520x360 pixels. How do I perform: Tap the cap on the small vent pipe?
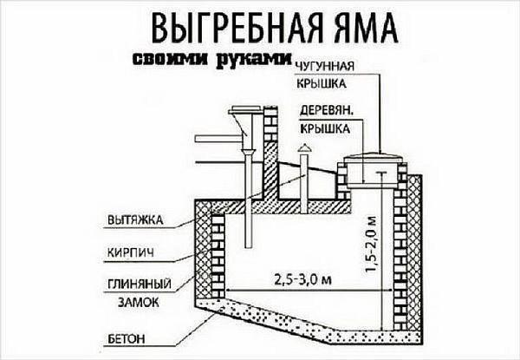click(x=303, y=151)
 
